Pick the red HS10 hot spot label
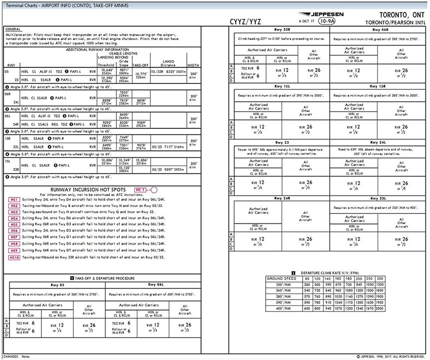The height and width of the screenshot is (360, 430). coord(14,257)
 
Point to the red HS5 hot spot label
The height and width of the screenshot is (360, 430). coord(13,225)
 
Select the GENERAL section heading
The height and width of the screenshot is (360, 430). coord(12,29)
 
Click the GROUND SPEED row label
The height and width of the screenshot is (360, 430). coord(281,278)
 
